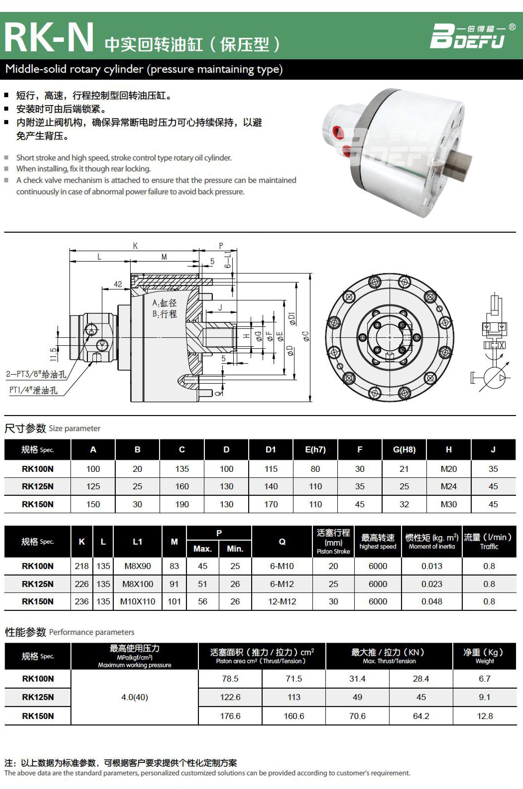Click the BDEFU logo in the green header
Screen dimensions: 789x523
471,36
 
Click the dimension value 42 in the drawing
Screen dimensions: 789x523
118,284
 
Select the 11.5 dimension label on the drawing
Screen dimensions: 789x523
53,355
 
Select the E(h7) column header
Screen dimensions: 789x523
315,450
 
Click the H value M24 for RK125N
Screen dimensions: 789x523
449,486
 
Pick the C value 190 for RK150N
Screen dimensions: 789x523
182,504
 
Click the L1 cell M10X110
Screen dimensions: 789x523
137,601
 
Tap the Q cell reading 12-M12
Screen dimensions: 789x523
282,601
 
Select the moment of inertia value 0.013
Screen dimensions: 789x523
432,566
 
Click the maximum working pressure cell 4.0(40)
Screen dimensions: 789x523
134,697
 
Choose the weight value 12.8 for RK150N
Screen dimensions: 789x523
485,716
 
